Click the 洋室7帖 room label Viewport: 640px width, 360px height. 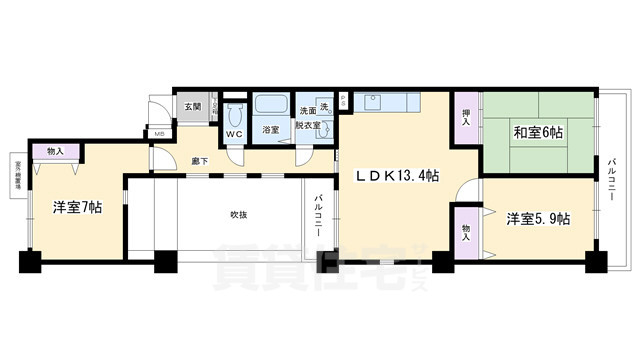pos(77,208)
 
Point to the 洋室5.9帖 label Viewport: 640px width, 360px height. pos(537,218)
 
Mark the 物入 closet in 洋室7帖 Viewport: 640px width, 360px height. pos(56,151)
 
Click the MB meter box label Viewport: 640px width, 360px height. pos(159,133)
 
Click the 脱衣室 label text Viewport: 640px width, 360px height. pos(307,127)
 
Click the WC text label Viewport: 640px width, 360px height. pos(235,134)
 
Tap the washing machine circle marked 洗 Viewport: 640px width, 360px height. pos(324,107)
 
